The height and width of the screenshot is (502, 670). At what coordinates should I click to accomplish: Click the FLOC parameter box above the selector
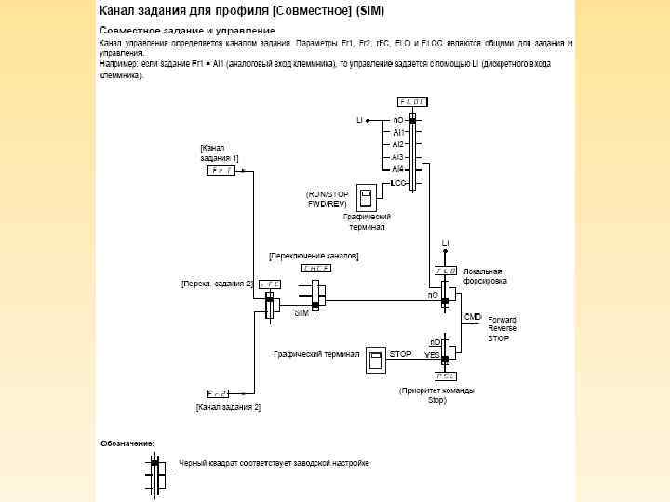coord(412,101)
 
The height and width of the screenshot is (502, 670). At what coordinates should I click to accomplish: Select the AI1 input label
coord(397,132)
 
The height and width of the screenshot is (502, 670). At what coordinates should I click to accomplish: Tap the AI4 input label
coord(397,169)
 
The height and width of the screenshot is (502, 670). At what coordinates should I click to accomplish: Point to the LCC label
coord(399,184)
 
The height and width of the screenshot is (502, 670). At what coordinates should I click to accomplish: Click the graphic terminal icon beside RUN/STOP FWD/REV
coord(366,198)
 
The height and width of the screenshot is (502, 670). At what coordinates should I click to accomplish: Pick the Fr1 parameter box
coord(221,171)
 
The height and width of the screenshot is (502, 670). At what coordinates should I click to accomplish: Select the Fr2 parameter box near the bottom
coord(218,393)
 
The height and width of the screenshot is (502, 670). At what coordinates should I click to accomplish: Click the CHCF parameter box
coord(315,269)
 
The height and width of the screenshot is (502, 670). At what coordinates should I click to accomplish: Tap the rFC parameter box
coord(269,284)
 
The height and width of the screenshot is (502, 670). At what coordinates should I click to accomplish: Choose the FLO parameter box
coord(446,271)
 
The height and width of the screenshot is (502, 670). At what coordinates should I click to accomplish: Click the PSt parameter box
coord(445,376)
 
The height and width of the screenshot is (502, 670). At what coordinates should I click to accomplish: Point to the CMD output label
coord(473,317)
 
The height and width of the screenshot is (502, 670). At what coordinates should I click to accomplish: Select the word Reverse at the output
coord(502,328)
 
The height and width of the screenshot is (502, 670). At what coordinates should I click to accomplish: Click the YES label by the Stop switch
coord(432,355)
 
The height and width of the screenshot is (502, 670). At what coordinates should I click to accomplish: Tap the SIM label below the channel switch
coord(301,313)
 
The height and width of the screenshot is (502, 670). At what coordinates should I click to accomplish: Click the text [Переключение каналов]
coord(314,255)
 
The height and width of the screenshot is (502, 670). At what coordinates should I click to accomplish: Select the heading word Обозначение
coord(127,443)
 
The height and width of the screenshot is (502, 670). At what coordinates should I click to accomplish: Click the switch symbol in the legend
coord(155,475)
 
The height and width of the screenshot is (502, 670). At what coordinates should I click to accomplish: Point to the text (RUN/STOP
coord(328,193)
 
